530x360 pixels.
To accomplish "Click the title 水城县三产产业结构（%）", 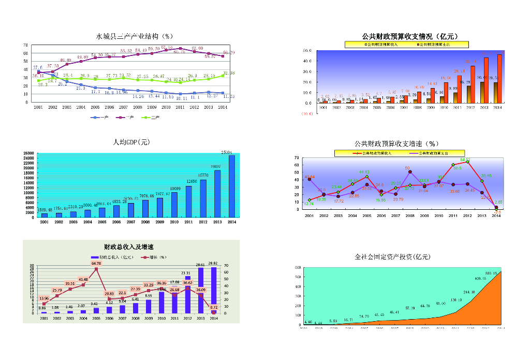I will coord(134,36).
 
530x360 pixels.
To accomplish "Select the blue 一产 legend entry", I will coord(99,118).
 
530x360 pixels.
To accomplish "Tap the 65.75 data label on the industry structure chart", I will coord(180,52).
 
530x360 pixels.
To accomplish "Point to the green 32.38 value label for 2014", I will coord(229,73).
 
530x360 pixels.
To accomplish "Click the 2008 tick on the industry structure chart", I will coord(137,107).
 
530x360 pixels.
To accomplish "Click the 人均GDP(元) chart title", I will coord(131,142).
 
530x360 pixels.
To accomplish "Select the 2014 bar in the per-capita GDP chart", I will coord(231,186).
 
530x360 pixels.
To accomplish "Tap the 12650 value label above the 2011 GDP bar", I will coord(192,181).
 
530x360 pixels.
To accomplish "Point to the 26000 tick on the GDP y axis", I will coord(29,154).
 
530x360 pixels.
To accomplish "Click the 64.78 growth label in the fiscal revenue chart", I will coord(96,263).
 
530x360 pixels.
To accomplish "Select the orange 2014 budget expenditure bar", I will coord(500,79).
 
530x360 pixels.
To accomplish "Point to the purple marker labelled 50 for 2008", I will coord(410,172).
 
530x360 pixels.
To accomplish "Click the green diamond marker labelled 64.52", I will coord(467,162).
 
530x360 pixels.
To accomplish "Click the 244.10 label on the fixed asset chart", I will coord(469,292).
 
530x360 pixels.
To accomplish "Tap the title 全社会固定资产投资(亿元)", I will coord(392,257).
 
